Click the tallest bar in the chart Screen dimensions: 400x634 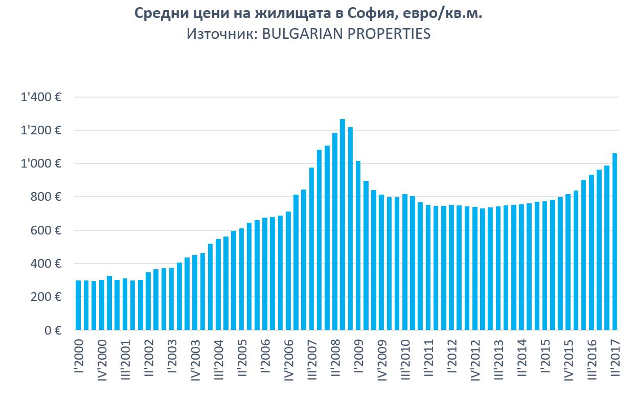[x=342, y=225]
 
